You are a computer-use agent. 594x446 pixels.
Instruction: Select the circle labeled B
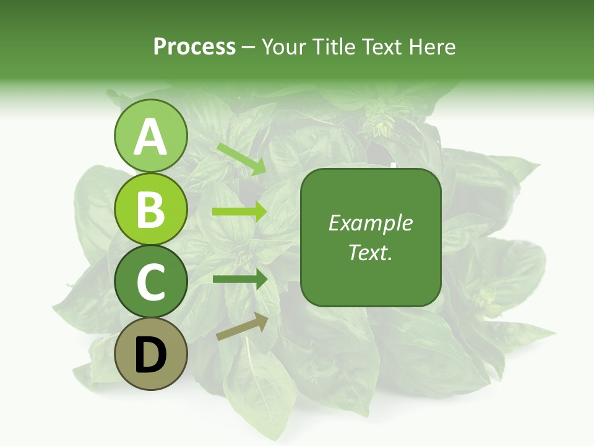click(x=151, y=209)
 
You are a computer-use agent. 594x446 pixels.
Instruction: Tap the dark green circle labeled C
click(x=151, y=282)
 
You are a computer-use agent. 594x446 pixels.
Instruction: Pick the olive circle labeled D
click(x=151, y=354)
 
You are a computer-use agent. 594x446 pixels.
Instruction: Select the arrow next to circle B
click(x=239, y=212)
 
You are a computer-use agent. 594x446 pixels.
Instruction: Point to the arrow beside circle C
click(x=239, y=279)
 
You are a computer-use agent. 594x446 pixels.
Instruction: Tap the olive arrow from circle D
click(x=242, y=326)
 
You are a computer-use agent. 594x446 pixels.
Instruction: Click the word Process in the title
click(x=194, y=46)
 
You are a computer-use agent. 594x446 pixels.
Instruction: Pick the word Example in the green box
click(x=370, y=223)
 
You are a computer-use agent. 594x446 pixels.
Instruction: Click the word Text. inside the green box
click(x=370, y=252)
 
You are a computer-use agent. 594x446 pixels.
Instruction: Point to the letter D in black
click(x=151, y=356)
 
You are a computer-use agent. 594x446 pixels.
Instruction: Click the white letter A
click(x=151, y=137)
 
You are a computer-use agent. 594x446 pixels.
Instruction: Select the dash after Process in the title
click(x=248, y=47)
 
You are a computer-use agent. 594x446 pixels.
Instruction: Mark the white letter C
click(x=151, y=282)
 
